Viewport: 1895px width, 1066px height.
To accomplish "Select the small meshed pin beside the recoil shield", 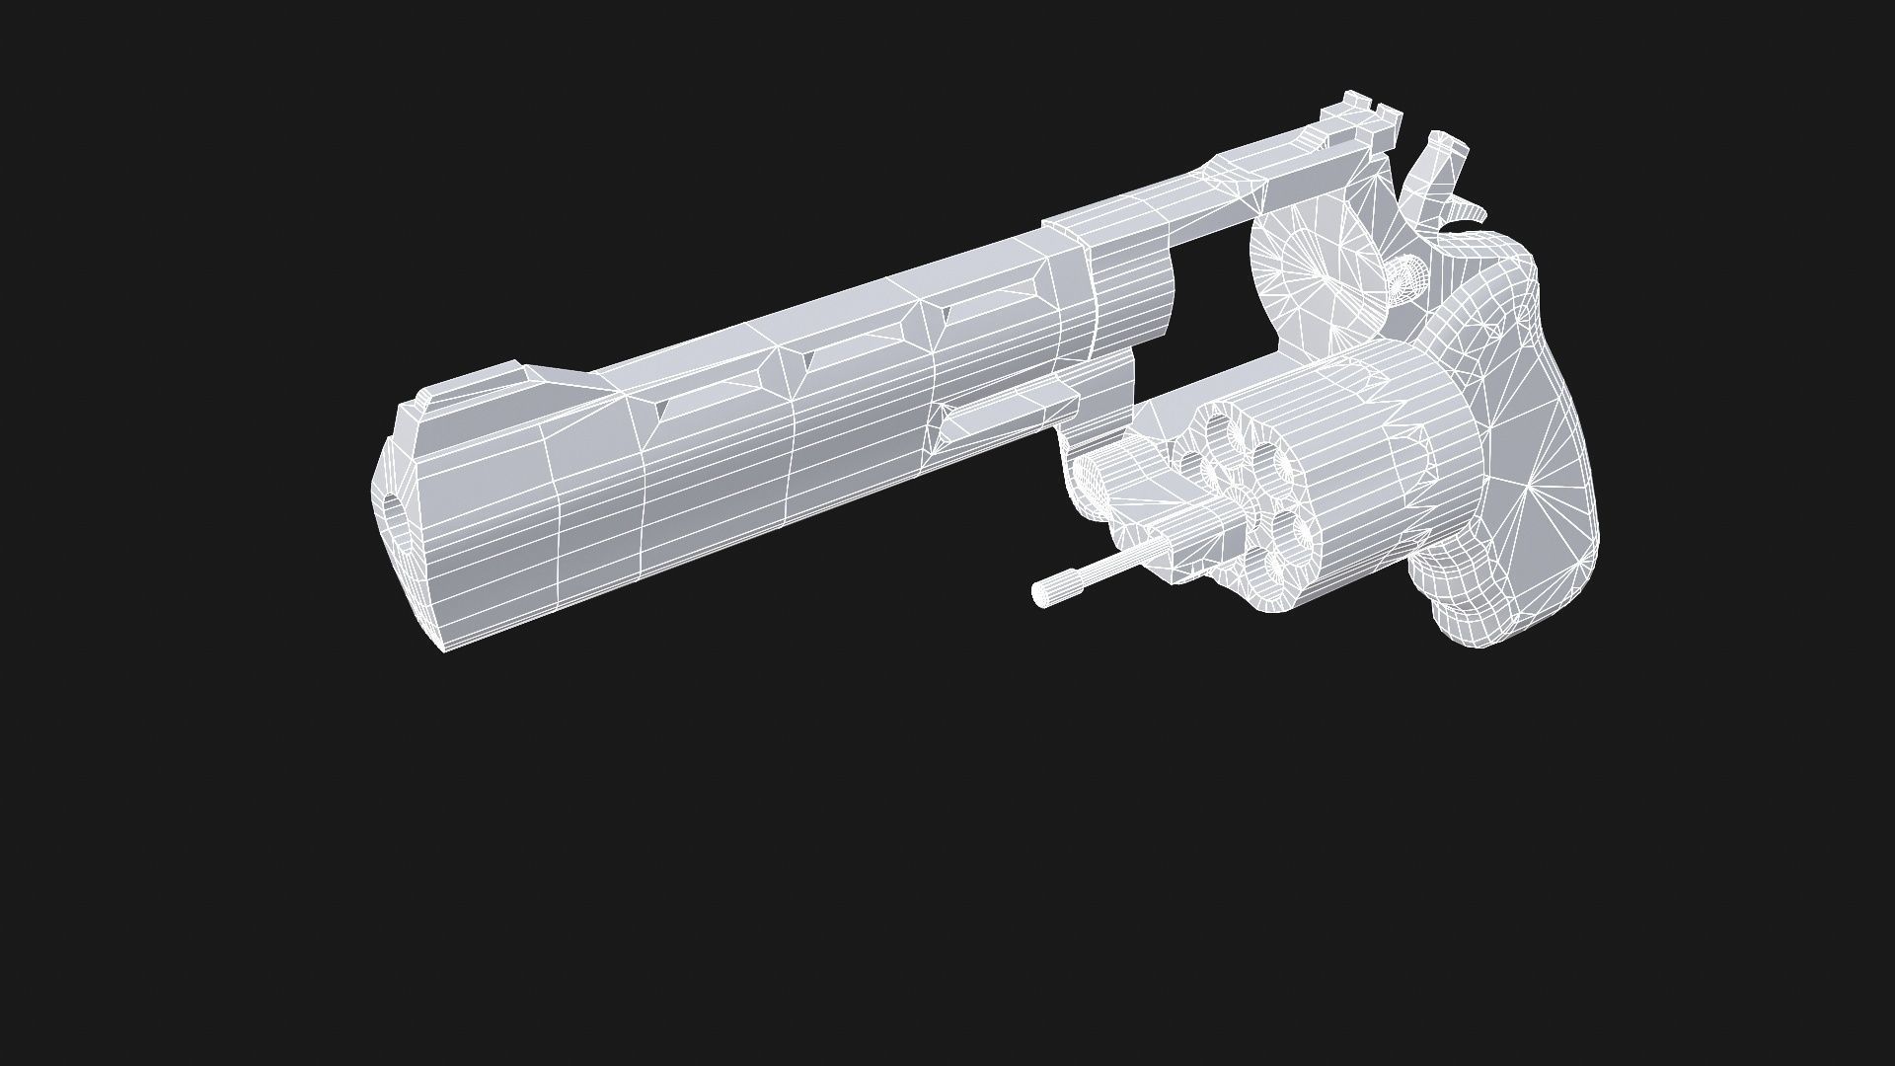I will click(1405, 275).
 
